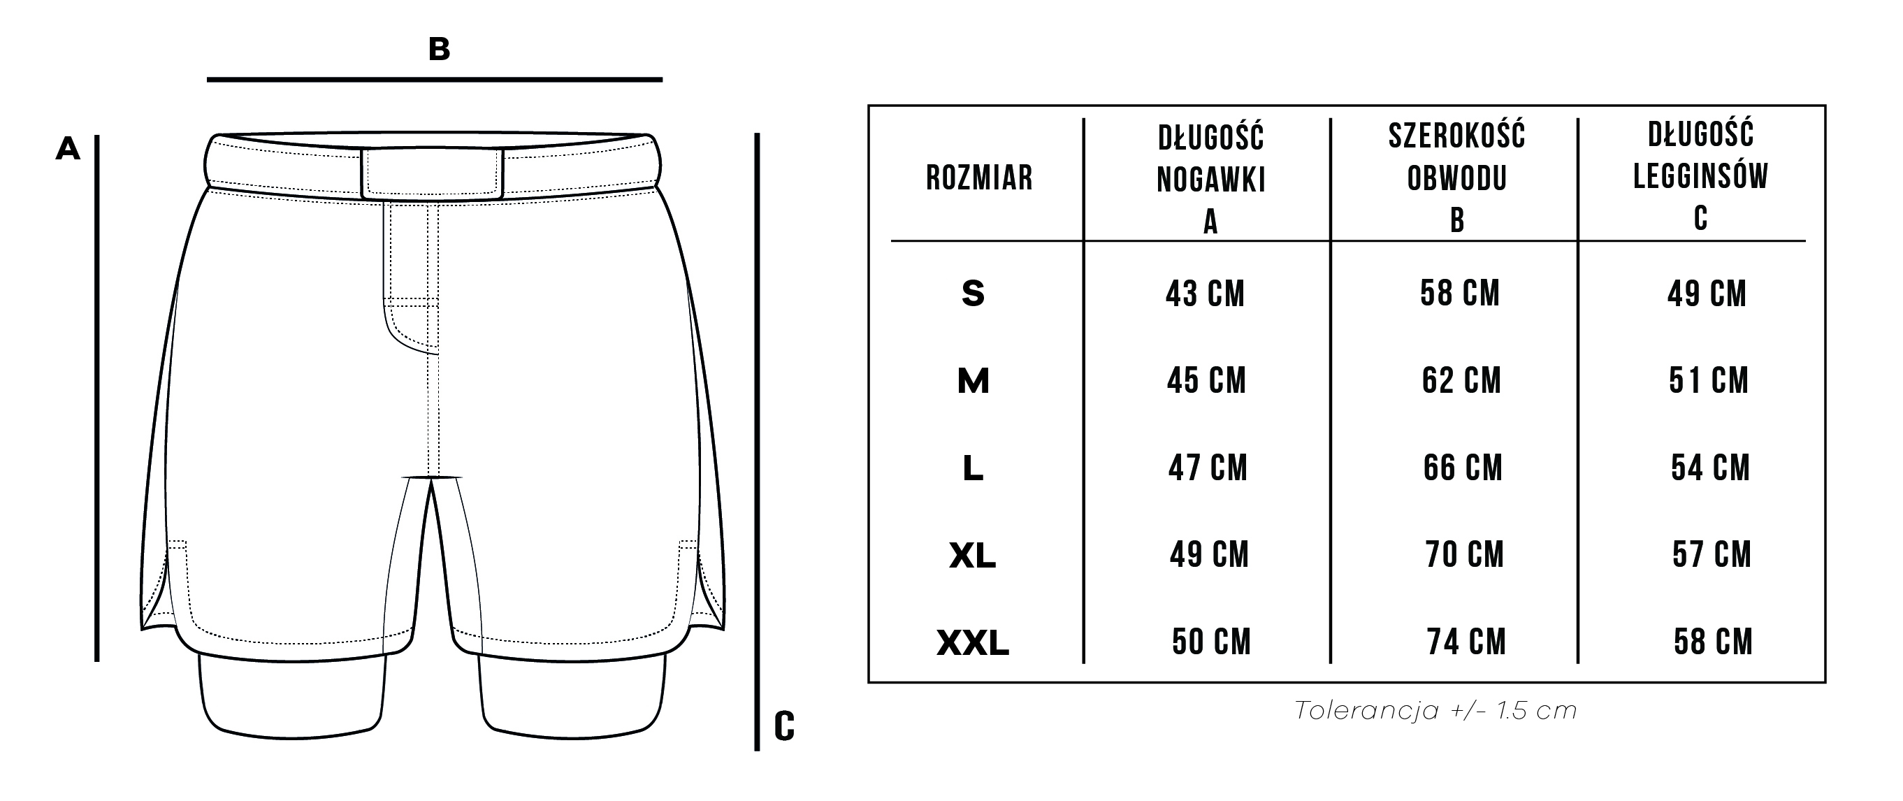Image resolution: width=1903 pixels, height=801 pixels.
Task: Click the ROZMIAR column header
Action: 979,178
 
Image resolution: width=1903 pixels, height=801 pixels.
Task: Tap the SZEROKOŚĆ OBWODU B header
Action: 1457,178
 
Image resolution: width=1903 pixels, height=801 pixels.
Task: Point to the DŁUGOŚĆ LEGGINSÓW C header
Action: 1700,177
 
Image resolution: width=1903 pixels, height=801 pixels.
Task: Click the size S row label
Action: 973,294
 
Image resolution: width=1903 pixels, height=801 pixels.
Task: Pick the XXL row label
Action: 973,643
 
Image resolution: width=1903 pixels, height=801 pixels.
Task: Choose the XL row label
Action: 973,556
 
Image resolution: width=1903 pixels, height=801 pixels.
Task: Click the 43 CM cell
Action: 1205,294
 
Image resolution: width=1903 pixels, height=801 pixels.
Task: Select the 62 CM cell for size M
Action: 1461,380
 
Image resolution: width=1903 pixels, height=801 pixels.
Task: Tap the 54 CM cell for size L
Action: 1710,468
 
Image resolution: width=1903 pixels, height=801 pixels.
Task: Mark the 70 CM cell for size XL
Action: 1464,555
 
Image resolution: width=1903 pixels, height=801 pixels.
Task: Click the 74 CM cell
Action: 1466,642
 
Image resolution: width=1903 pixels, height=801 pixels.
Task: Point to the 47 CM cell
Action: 1207,468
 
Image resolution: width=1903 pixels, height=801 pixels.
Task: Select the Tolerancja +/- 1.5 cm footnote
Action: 1435,711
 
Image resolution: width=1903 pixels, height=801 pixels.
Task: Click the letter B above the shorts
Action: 439,50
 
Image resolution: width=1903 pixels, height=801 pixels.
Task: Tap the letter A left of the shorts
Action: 68,150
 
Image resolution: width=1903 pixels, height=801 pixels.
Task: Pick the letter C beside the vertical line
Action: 784,726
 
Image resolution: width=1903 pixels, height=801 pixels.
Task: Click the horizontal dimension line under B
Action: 435,79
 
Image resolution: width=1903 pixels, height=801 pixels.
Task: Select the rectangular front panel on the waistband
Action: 432,173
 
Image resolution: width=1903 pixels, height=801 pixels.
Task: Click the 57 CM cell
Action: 1712,555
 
